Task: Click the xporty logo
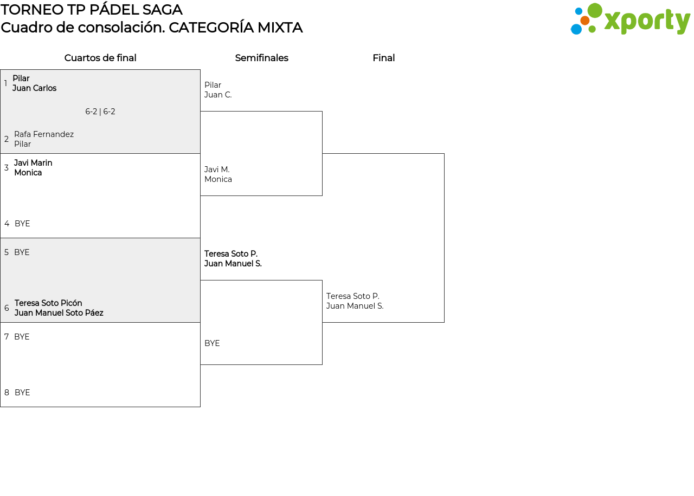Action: tap(630, 19)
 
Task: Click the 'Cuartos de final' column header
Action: tap(100, 58)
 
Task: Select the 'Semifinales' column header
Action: tap(261, 58)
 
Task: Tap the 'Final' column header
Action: tap(383, 58)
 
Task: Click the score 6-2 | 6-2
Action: tap(100, 112)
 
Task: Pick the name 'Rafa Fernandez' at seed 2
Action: tap(44, 134)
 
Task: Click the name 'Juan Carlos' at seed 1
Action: tap(34, 88)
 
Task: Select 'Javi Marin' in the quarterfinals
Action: tap(33, 163)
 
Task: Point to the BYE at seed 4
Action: tap(22, 224)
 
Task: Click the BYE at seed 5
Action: tap(22, 252)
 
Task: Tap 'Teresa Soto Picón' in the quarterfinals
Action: tap(48, 303)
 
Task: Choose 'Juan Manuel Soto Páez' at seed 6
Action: tap(59, 313)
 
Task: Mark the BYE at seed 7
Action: tap(22, 337)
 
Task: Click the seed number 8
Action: tap(7, 393)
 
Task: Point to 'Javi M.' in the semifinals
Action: tap(217, 169)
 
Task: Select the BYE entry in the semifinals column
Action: tap(212, 343)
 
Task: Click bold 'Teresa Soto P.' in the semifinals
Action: tap(231, 254)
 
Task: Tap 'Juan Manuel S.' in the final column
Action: tap(355, 306)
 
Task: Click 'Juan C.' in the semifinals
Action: tap(218, 95)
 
